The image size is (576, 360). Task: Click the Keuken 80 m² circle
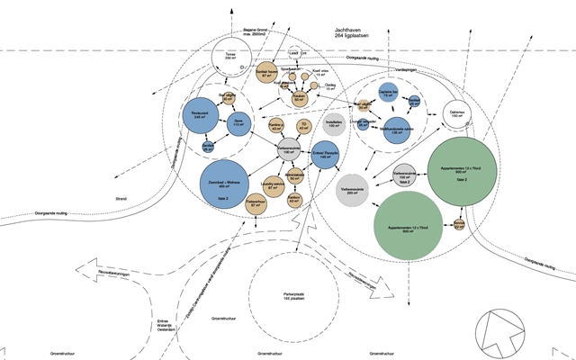pos(301,98)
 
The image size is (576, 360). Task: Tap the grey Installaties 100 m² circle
pos(333,125)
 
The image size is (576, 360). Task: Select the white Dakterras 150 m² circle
pos(456,114)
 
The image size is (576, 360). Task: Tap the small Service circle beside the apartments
pos(459,225)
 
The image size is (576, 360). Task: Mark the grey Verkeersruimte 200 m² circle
pos(357,191)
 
